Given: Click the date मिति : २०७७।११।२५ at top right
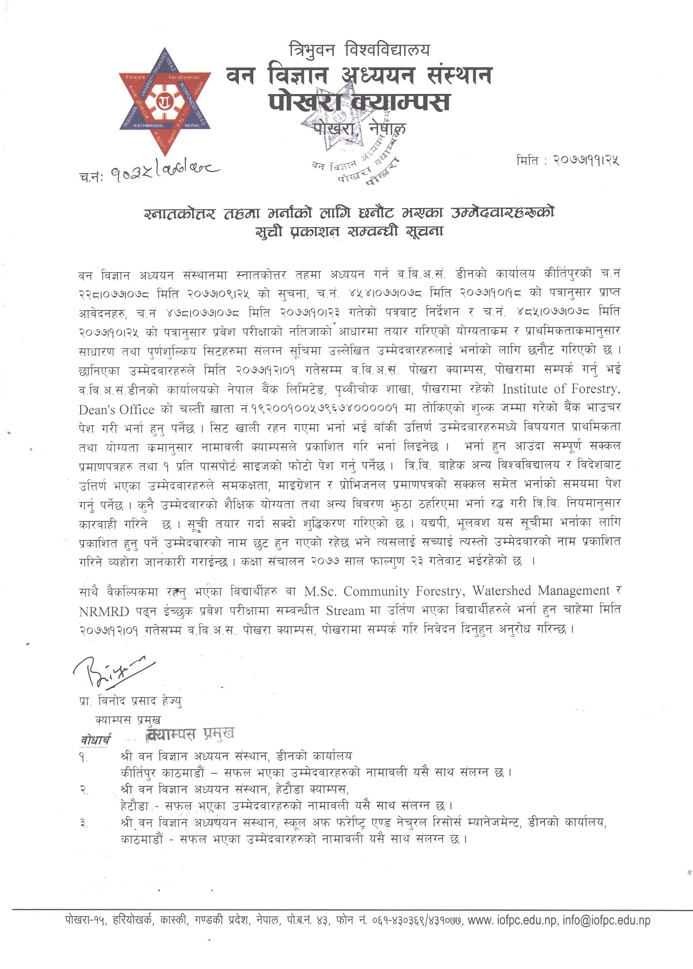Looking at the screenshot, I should point(568,160).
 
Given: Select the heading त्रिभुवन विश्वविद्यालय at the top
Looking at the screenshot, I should point(359,50).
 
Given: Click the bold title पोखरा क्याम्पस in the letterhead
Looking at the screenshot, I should point(359,102).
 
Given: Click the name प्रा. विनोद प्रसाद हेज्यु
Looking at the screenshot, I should point(131,701).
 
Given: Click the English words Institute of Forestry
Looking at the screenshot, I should point(561,388).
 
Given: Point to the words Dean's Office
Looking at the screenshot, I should point(116,409).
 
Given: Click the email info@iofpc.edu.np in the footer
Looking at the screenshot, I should point(606,921).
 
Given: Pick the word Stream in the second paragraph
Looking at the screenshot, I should point(345,611).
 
